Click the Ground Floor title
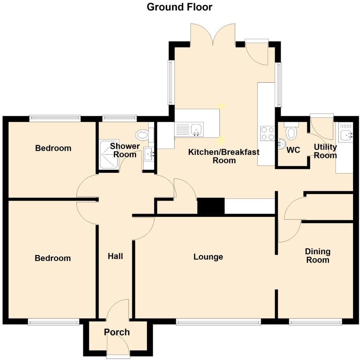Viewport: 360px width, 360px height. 179,7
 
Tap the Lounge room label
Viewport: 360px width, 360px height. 208,257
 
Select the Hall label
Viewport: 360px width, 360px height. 115,256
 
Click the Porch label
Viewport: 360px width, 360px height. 117,332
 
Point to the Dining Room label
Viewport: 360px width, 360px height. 317,256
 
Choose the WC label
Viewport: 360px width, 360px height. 293,150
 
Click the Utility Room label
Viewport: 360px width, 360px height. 325,151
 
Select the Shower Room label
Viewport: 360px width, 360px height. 125,150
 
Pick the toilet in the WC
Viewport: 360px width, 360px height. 291,133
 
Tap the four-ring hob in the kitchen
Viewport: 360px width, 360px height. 267,133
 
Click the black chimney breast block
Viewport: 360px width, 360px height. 211,206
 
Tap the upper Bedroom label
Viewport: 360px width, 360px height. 53,148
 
